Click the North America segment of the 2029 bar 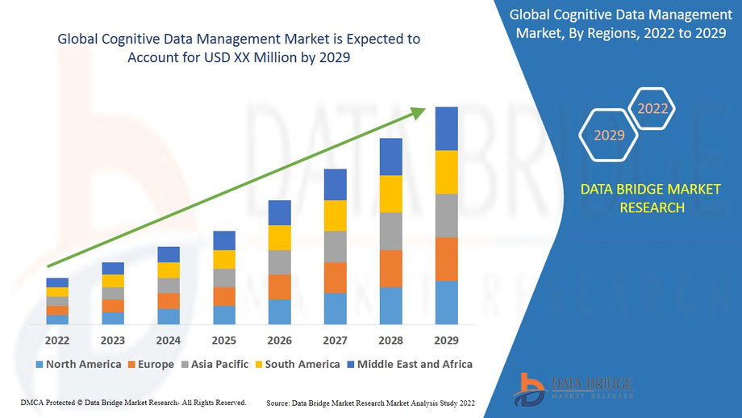(447, 303)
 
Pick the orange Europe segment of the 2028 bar (391, 269)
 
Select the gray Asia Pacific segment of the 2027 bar (336, 246)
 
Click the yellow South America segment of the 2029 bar (447, 172)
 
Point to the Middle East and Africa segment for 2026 (280, 212)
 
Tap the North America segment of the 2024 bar (169, 316)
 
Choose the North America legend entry (78, 364)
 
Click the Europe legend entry (151, 364)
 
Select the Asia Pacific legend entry (215, 364)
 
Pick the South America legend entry (297, 364)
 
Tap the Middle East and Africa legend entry (409, 364)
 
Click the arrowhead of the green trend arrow (419, 112)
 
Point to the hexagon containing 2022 (652, 108)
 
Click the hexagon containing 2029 (609, 135)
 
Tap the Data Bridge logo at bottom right (573, 388)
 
